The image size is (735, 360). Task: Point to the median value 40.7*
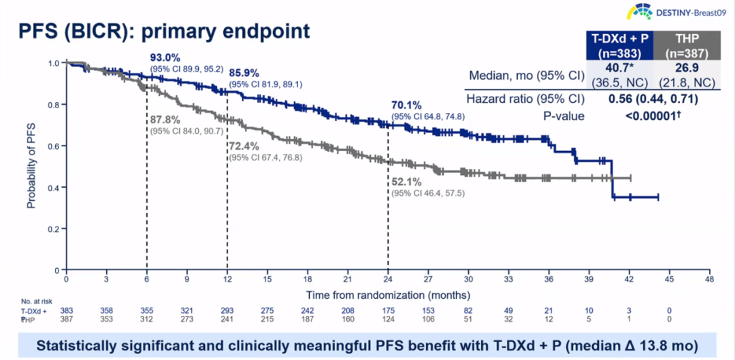(x=619, y=68)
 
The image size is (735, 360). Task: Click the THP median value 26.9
(x=685, y=68)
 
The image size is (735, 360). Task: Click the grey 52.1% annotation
(x=406, y=182)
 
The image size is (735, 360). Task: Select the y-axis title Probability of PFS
(x=31, y=167)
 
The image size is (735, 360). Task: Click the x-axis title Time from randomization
(x=388, y=294)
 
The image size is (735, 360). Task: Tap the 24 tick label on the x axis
(x=388, y=280)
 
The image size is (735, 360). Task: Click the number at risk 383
(x=66, y=310)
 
